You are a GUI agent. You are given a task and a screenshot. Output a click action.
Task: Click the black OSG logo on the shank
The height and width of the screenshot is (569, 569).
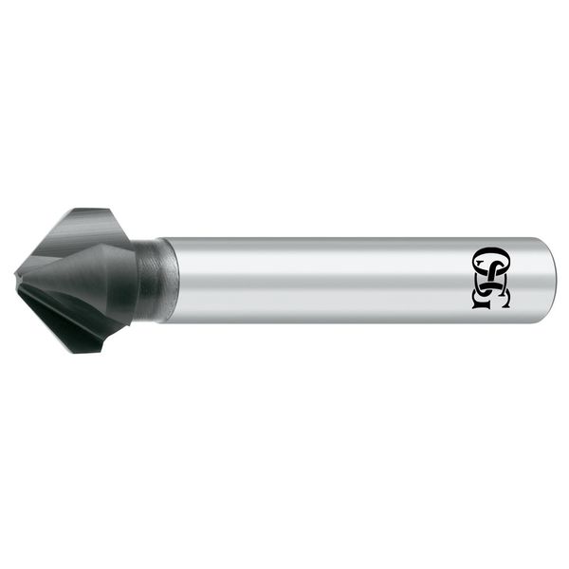click(x=490, y=278)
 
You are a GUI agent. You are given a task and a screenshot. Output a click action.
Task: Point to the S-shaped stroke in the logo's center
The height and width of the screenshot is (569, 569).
click(x=491, y=279)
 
